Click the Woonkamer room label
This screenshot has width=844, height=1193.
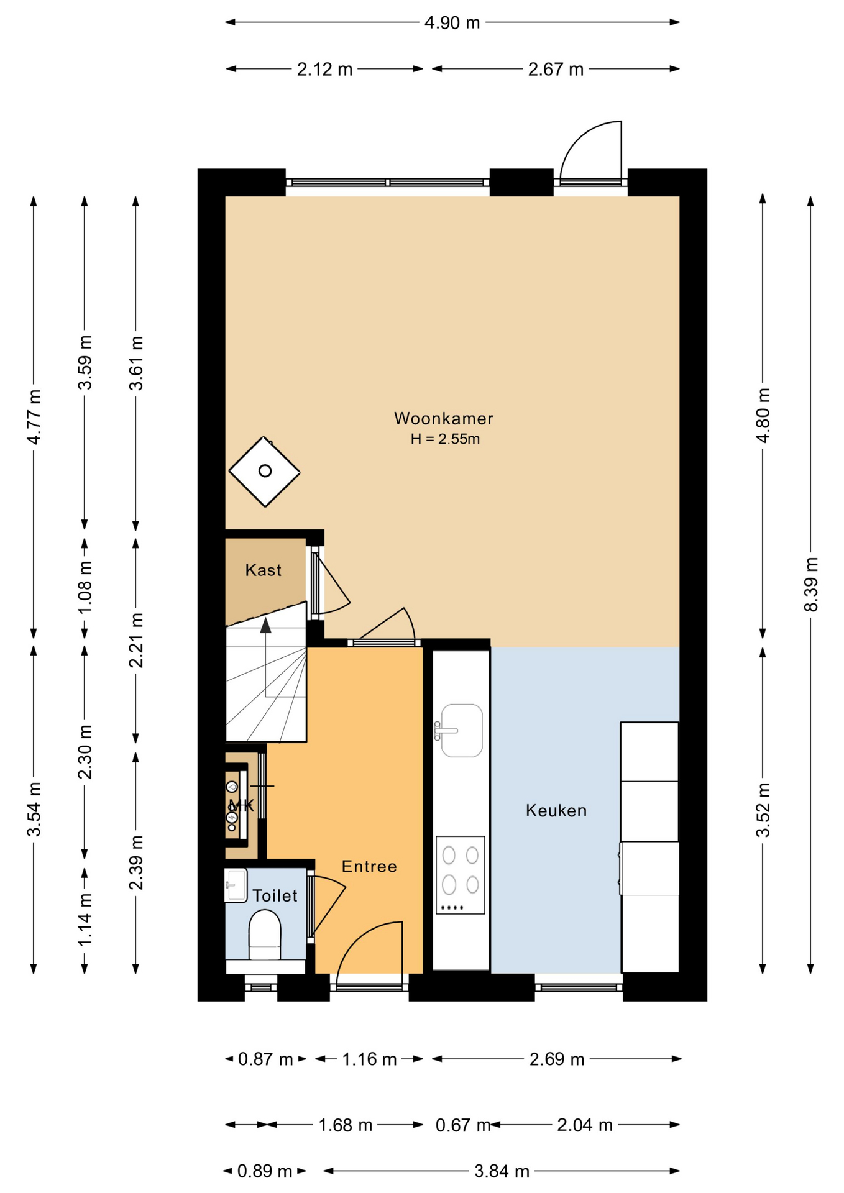[x=443, y=418]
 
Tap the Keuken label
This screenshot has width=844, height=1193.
[x=556, y=810]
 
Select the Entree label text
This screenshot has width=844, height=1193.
[x=369, y=866]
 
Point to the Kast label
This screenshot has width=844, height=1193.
[x=263, y=570]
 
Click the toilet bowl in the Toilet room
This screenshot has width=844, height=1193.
[x=265, y=935]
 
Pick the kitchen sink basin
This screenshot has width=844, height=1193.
[x=461, y=730]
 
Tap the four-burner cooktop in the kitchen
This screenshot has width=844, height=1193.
[x=460, y=875]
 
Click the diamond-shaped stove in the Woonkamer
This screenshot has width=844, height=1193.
[x=265, y=471]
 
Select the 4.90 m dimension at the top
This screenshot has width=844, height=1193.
[x=452, y=23]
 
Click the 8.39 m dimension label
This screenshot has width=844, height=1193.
[x=811, y=584]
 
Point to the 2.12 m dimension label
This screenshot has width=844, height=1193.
[x=324, y=70]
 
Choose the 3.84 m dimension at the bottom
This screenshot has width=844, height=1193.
[x=502, y=1171]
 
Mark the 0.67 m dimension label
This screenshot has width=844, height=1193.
[x=463, y=1125]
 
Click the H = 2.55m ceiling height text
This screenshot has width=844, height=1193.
[x=445, y=439]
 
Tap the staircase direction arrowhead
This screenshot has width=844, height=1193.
[x=265, y=625]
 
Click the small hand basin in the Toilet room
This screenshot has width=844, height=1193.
[x=236, y=885]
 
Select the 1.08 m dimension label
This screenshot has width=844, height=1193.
[x=85, y=587]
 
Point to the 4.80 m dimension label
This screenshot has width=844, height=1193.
[x=763, y=415]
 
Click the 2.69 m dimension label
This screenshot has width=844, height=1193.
[x=557, y=1059]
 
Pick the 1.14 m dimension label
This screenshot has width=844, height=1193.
[x=85, y=920]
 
